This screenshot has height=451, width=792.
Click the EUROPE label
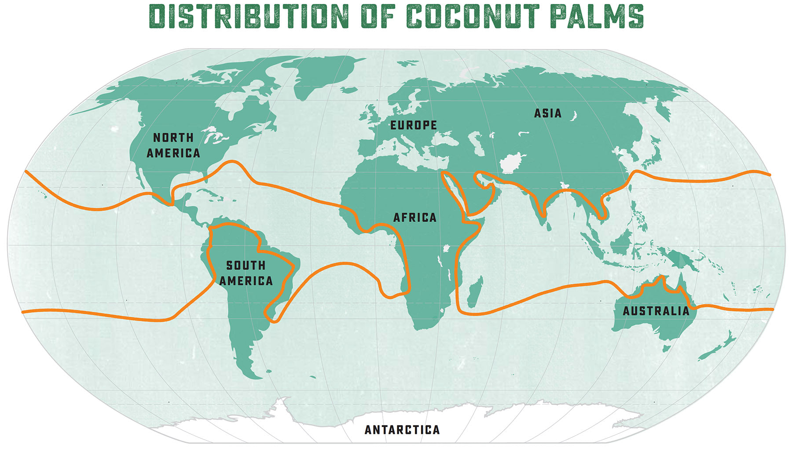pos(414,125)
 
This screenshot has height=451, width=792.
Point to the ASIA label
pos(548,113)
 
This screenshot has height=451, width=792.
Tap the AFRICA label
pos(415,217)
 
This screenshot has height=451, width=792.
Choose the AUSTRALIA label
pos(656,311)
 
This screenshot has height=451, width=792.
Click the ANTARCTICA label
pos(402,430)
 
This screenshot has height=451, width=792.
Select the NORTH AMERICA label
pos(173,145)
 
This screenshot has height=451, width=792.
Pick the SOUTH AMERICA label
pos(246,273)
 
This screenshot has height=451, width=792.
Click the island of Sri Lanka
pos(549,227)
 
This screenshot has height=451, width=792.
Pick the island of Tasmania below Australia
pos(667,349)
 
